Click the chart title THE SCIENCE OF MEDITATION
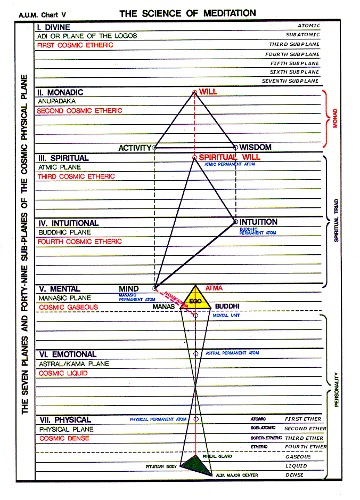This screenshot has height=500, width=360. [x=187, y=13]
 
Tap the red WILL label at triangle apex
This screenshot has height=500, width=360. [x=208, y=92]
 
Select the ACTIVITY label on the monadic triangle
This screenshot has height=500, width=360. [x=135, y=148]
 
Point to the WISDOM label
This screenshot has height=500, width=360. [x=255, y=147]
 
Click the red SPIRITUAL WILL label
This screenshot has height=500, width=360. [x=230, y=157]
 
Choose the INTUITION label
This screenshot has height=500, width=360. [x=258, y=222]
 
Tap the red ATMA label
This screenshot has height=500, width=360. [x=214, y=288]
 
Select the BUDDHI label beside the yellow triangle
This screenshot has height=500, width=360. [x=227, y=307]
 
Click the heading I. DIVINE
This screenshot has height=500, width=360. [x=54, y=27]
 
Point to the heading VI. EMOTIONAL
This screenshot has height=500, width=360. [x=68, y=354]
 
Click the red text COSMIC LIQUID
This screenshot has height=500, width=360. [x=63, y=374]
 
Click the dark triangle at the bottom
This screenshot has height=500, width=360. [x=195, y=464]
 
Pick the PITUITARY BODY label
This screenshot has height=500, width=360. [x=161, y=466]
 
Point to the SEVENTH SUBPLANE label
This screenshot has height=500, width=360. [x=290, y=81]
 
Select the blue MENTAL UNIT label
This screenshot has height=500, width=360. [x=227, y=316]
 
